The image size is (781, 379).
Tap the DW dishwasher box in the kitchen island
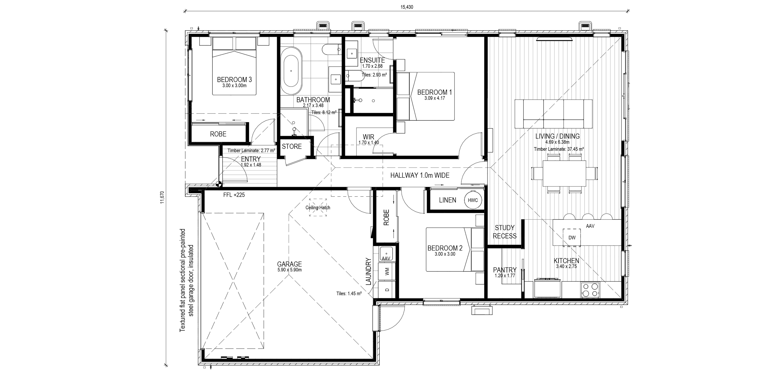572,237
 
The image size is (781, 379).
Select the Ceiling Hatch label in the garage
318,208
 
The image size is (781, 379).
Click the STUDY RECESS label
504,232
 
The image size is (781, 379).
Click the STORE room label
292,146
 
